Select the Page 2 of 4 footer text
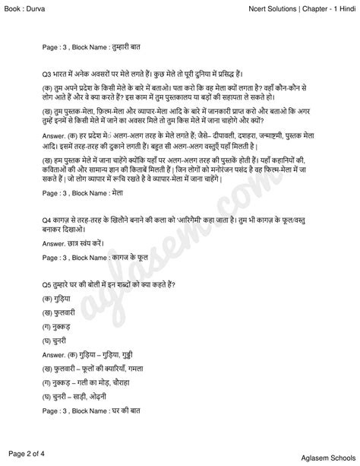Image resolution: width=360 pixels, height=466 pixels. point(28,454)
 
